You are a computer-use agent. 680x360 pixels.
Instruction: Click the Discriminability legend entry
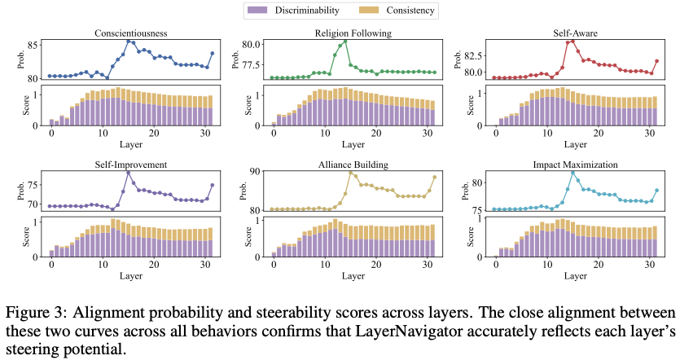pyautogui.click(x=299, y=11)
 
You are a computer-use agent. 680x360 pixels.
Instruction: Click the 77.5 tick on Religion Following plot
pyautogui.click(x=248, y=64)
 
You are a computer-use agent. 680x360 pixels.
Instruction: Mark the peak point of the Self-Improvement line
pyautogui.click(x=128, y=172)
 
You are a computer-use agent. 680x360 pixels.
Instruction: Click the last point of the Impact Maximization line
pyautogui.click(x=656, y=191)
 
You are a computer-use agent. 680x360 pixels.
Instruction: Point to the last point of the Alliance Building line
pyautogui.click(x=435, y=177)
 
